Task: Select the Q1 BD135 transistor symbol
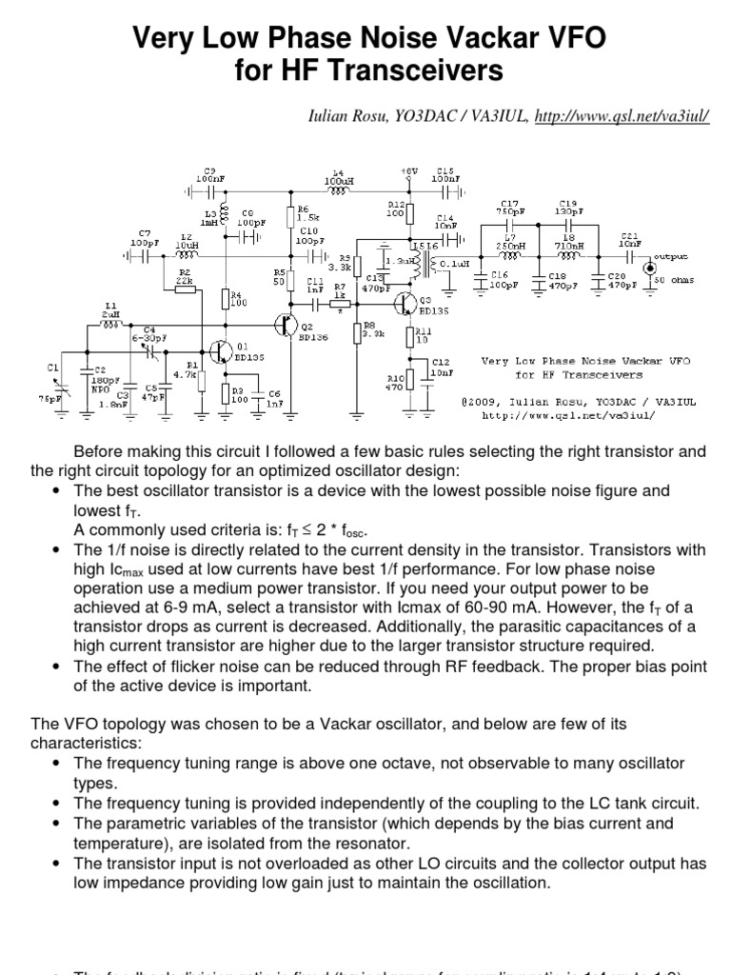(221, 350)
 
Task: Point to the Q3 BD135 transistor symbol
(407, 303)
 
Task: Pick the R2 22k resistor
(186, 289)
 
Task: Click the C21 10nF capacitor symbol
(630, 256)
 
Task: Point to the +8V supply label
(409, 171)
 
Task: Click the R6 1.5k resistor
(290, 217)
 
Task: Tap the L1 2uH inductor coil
(111, 324)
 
